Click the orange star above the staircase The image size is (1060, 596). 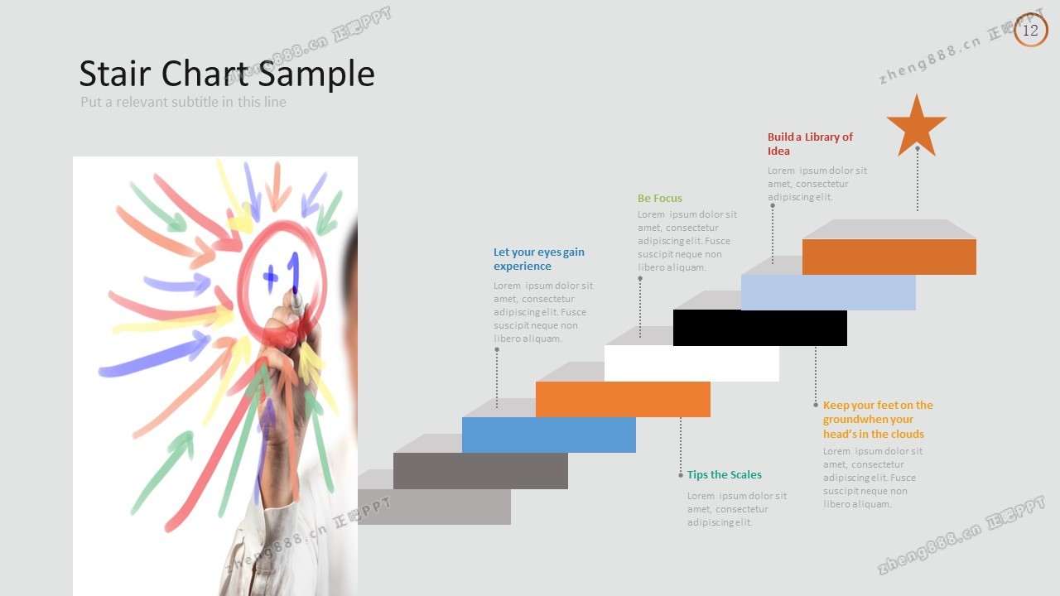click(917, 127)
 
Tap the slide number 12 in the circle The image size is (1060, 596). click(1030, 31)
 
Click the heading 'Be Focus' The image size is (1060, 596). click(660, 198)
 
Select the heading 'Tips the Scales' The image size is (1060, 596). click(725, 474)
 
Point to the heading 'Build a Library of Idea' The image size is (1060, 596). click(810, 144)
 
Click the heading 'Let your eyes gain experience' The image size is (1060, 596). click(539, 259)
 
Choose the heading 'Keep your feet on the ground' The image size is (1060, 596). click(878, 412)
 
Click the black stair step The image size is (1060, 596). click(760, 328)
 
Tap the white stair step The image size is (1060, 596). click(691, 363)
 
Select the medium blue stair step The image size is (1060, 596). click(549, 435)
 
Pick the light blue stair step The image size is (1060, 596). click(828, 292)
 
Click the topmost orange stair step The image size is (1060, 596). click(889, 257)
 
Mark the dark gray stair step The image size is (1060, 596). click(480, 471)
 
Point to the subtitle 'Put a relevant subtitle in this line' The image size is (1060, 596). click(183, 102)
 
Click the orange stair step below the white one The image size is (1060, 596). click(623, 399)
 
